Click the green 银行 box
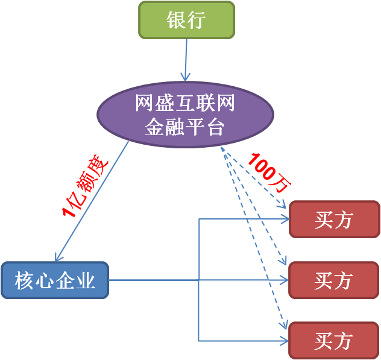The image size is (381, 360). click(x=187, y=20)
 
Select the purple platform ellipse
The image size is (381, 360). click(x=186, y=115)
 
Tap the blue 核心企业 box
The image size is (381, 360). click(x=55, y=280)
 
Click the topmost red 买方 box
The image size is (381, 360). click(x=335, y=219)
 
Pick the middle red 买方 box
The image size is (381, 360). click(x=334, y=280)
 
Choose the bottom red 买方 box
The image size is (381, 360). click(x=334, y=340)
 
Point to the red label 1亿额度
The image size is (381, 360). click(x=85, y=186)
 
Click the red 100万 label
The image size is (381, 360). click(x=269, y=173)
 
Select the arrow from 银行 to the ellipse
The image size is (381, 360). click(x=186, y=60)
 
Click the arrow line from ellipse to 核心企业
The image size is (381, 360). click(x=92, y=201)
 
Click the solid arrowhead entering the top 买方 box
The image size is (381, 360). click(x=285, y=219)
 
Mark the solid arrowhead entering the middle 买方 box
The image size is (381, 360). click(x=285, y=280)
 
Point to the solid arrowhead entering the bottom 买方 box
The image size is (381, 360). click(x=285, y=341)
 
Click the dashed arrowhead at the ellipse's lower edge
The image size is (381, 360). click(x=223, y=150)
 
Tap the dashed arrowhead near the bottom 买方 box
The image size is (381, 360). click(x=284, y=325)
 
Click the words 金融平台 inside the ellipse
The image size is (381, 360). click(x=184, y=127)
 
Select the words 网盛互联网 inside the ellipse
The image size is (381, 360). click(x=185, y=103)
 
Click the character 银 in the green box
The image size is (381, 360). click(x=176, y=20)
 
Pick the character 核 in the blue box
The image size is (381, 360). click(x=24, y=280)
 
